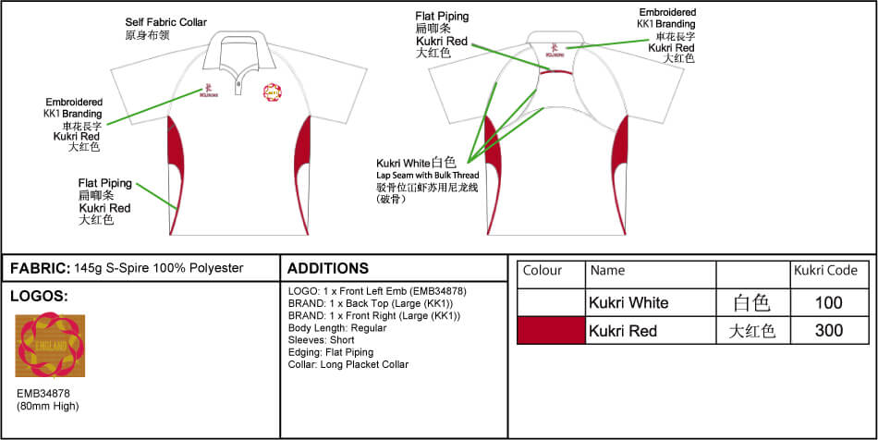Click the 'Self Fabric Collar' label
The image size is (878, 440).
[x=165, y=20]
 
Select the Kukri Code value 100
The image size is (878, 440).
[x=829, y=303]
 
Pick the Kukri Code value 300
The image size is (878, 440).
[x=829, y=331]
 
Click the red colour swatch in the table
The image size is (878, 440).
[x=551, y=331]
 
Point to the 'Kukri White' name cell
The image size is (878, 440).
[x=628, y=303]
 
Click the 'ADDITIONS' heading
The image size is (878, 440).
[x=328, y=269]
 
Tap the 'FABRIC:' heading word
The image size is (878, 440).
[x=40, y=268]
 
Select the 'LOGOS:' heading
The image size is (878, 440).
[x=39, y=297]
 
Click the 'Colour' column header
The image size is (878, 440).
[x=543, y=271]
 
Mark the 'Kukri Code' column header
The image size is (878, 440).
[x=825, y=271]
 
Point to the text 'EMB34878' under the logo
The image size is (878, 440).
[x=43, y=393]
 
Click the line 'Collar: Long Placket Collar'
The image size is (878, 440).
[x=348, y=364]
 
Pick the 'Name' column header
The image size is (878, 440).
[x=607, y=271]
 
